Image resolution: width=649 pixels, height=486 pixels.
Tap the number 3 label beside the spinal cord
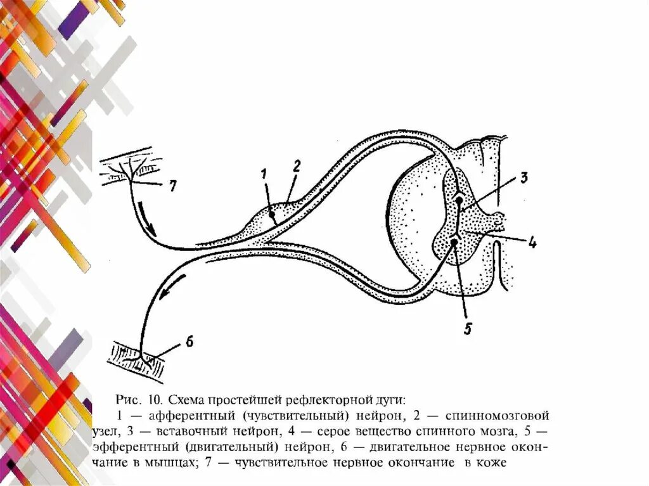tap(524, 178)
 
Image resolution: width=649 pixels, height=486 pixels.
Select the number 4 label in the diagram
tap(532, 241)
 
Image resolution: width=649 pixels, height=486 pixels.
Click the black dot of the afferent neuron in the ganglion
tap(273, 215)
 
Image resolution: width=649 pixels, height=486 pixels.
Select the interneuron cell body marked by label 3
tap(459, 200)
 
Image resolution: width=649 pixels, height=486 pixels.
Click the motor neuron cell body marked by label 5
tap(454, 241)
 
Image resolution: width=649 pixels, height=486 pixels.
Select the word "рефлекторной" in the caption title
tap(336, 400)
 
